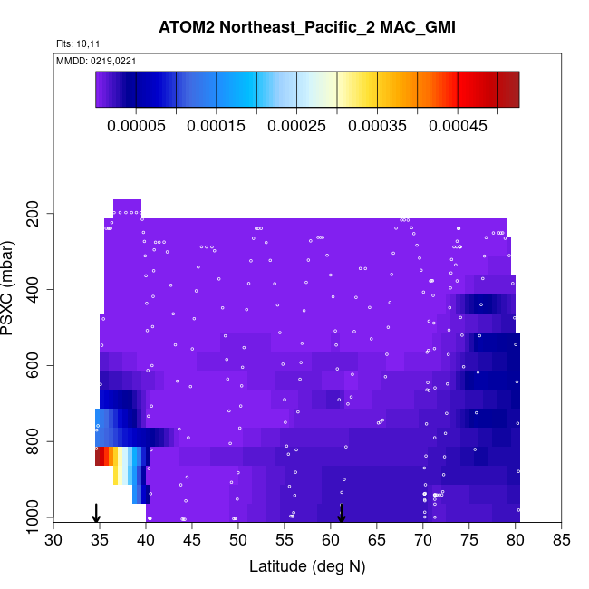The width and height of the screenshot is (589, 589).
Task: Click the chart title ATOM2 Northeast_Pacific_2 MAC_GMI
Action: pos(294,25)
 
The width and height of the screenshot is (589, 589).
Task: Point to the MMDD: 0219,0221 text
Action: pos(96,61)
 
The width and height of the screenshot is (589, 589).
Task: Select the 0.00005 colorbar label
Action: pos(136,126)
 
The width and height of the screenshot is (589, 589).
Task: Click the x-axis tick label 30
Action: pos(53,541)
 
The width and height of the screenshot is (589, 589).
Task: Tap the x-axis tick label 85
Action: pos(562,541)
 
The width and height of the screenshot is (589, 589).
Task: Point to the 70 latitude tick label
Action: pos(423,541)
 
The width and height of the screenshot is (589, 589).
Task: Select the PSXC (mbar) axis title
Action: pos(11,289)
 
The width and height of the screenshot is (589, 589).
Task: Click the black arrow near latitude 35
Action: pos(96,513)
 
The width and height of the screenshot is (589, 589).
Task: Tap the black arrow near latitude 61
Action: pos(342,513)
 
